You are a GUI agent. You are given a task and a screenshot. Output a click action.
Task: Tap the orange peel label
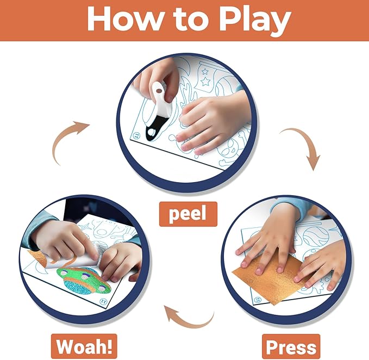[188, 214]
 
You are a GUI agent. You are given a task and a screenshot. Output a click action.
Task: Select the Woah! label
[84, 346]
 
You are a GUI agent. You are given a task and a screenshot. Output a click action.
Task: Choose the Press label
[291, 347]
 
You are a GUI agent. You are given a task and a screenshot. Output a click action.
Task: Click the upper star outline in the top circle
[205, 71]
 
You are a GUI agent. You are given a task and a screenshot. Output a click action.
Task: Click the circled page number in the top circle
[136, 136]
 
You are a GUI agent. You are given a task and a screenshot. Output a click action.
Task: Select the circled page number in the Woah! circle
[103, 301]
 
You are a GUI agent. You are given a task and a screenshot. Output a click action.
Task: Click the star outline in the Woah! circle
[84, 227]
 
